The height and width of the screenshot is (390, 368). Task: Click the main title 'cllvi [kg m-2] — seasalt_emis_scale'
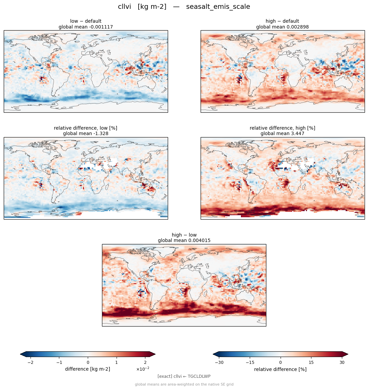tap(184, 6)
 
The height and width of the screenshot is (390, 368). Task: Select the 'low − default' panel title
tap(86, 21)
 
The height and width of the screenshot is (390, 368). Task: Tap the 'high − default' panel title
tap(282, 21)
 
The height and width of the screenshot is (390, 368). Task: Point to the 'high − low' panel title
tap(184, 235)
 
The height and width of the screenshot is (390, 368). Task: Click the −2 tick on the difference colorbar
tap(30, 363)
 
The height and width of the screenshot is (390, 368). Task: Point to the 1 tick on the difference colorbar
tap(117, 363)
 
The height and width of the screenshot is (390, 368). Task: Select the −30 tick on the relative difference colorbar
tap(219, 363)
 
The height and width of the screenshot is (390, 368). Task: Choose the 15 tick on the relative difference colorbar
tap(311, 363)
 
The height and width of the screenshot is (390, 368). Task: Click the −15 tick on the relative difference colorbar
tap(250, 363)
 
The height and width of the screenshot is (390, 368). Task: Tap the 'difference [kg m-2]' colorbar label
tap(88, 369)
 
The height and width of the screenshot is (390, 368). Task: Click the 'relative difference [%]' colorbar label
tap(280, 369)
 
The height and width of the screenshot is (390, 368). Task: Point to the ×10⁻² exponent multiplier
tap(143, 369)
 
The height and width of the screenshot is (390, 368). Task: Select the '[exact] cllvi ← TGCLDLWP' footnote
tap(184, 376)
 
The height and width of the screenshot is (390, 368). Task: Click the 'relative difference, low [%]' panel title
tap(86, 128)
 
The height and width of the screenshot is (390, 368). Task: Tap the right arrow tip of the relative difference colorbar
tap(348, 354)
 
